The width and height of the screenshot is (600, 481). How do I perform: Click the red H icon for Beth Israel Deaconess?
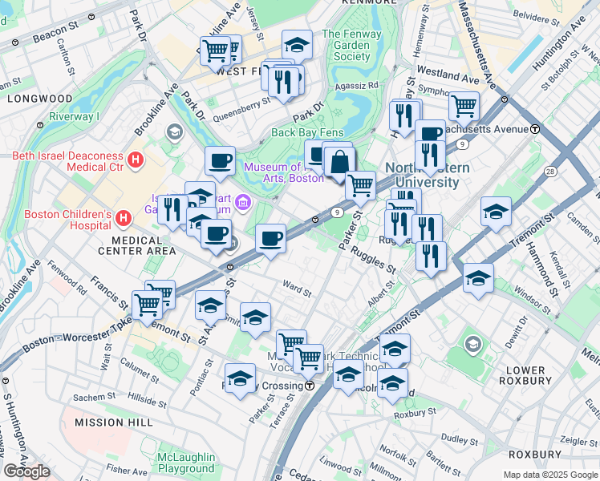[x=136, y=160]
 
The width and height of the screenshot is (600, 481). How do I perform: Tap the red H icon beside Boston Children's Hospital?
[x=124, y=217]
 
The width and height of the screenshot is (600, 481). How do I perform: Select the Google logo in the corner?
[x=26, y=471]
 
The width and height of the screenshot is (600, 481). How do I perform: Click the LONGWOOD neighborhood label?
[x=39, y=99]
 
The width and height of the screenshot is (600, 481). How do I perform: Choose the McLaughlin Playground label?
[x=185, y=463]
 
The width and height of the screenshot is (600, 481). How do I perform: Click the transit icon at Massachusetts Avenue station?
[x=535, y=129]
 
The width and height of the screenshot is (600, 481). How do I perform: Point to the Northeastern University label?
[x=422, y=175]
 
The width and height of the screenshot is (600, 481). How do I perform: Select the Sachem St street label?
[x=95, y=397]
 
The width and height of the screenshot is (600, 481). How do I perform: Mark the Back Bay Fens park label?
[x=307, y=133]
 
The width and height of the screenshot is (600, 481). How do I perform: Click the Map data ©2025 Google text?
[x=549, y=475]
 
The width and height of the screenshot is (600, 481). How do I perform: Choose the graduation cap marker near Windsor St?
[x=478, y=277]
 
